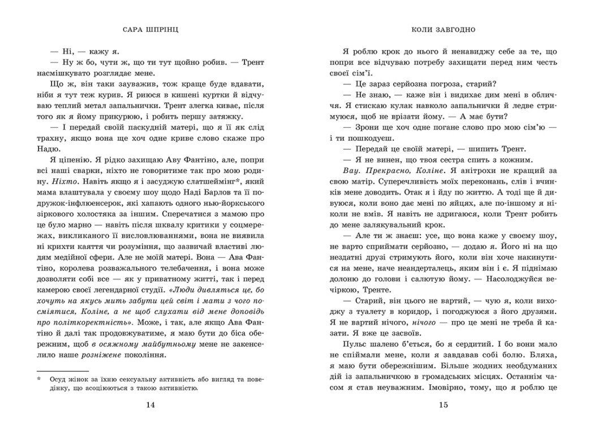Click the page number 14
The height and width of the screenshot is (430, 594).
click(149, 404)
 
